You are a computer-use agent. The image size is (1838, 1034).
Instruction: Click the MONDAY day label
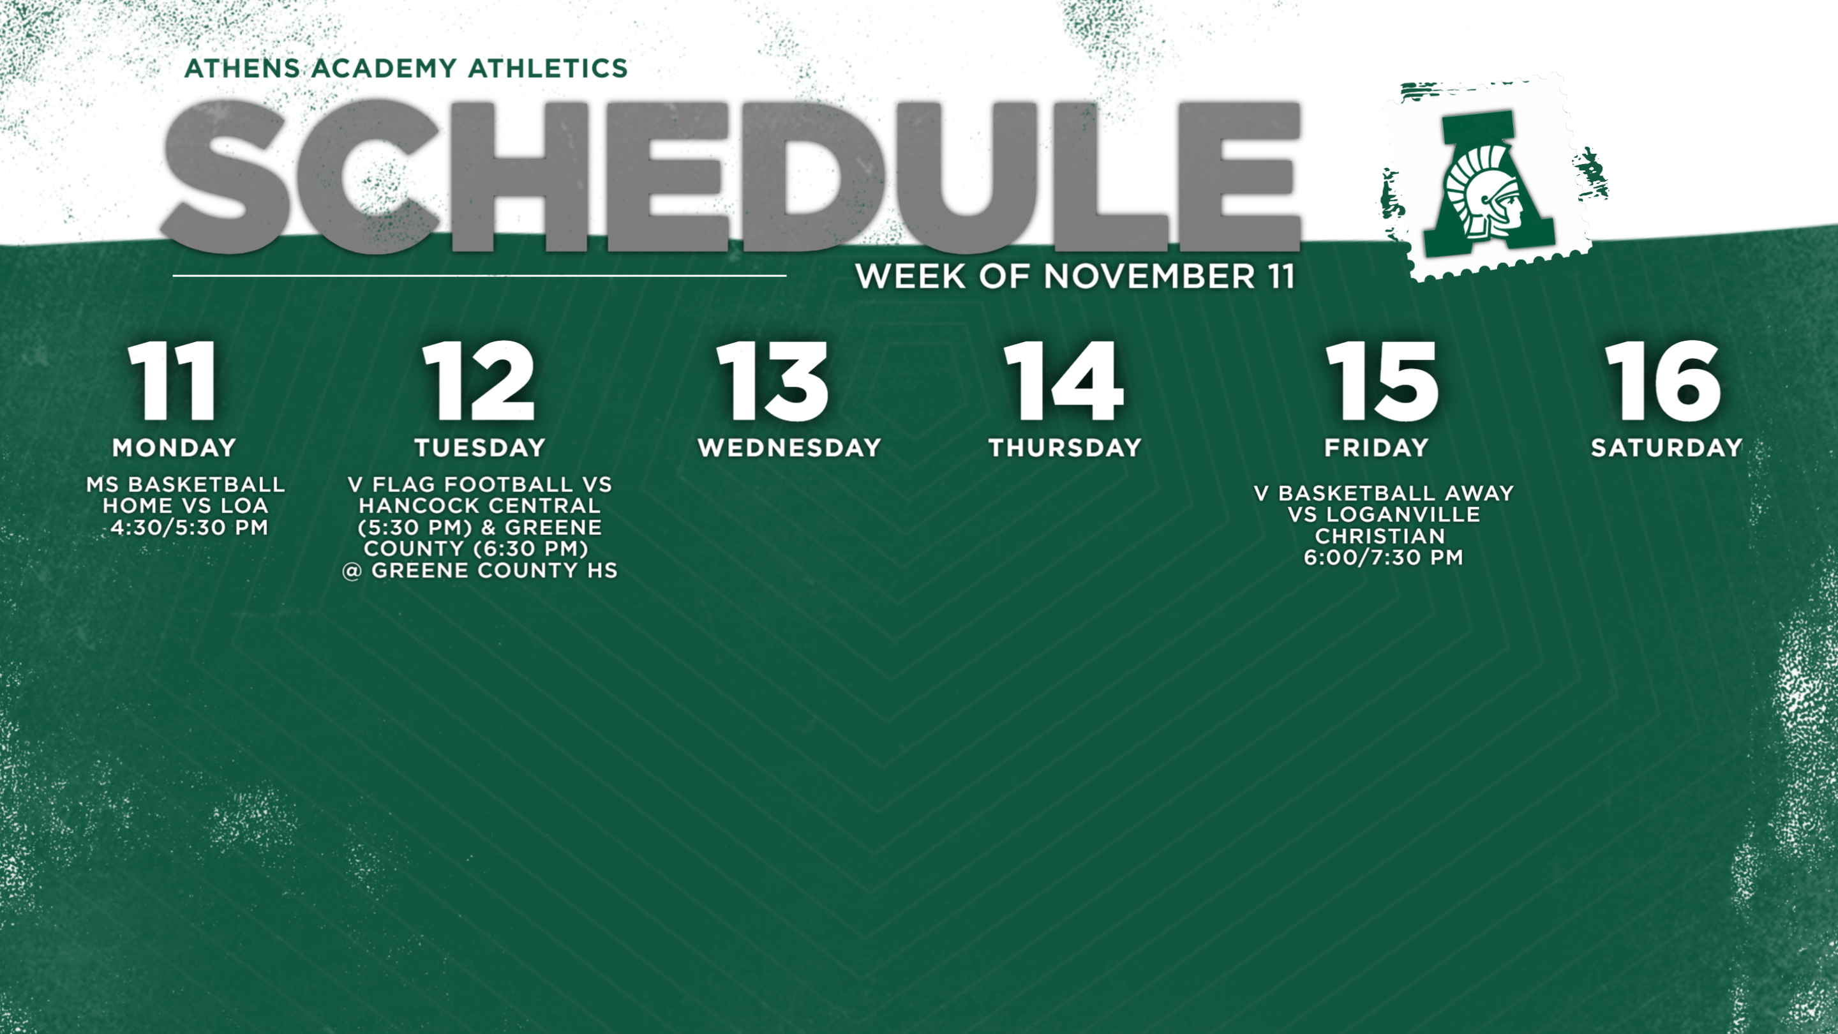pos(174,447)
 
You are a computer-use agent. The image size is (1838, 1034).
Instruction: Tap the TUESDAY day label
pos(480,447)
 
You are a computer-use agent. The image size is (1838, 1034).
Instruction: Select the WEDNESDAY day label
pos(789,447)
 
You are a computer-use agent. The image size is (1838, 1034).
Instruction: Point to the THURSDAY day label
pos(1065,447)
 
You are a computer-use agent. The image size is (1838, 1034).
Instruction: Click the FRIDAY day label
pos(1377,447)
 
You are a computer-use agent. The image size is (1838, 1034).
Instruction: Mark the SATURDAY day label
pos(1667,447)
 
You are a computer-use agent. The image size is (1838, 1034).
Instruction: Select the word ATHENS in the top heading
pos(242,68)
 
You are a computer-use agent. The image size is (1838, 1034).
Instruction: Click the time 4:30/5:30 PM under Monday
pos(189,528)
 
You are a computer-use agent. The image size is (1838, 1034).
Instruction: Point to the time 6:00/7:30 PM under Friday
pos(1384,557)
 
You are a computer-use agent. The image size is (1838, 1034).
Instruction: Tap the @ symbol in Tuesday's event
pos(352,571)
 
